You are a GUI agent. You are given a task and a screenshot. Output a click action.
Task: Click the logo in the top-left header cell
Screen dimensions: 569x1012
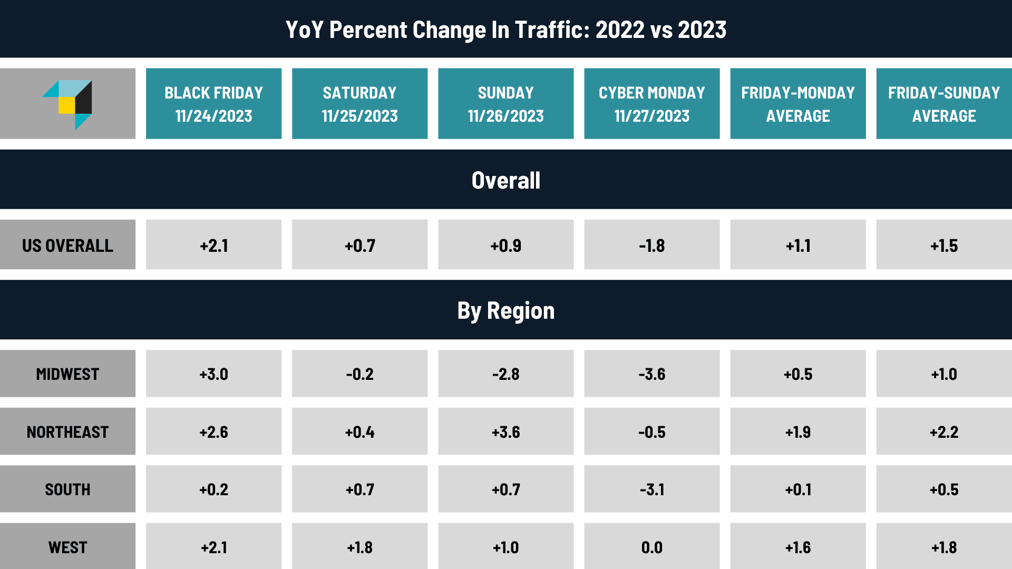point(68,104)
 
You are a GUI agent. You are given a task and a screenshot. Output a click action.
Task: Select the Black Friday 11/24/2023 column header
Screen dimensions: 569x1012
point(213,104)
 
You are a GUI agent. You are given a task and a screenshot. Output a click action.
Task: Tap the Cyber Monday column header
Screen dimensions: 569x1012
point(651,104)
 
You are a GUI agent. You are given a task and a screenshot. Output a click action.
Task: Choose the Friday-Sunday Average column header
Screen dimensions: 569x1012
point(943,104)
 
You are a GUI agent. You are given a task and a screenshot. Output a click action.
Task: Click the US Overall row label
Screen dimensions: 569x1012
point(67,245)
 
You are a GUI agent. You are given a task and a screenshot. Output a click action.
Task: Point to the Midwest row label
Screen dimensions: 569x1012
point(67,374)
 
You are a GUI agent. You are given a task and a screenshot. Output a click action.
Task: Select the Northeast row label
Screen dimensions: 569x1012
point(67,432)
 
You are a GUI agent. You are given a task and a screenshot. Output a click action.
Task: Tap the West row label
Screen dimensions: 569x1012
point(67,547)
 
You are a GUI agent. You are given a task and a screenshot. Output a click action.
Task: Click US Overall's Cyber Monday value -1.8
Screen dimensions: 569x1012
point(651,246)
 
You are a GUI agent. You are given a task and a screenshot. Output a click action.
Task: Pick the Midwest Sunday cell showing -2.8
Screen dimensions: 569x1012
point(505,374)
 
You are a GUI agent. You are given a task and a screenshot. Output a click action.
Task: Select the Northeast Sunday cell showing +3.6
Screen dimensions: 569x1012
point(505,432)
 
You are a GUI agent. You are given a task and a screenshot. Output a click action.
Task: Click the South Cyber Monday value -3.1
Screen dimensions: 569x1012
point(651,489)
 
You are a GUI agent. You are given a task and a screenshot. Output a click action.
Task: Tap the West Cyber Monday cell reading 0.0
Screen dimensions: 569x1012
point(651,547)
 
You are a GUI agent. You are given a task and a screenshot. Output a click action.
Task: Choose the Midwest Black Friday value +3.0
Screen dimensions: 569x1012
point(213,374)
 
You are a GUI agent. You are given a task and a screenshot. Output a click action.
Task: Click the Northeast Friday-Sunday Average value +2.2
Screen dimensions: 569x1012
point(943,432)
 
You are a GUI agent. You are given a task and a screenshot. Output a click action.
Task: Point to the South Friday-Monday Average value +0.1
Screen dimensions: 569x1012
point(797,489)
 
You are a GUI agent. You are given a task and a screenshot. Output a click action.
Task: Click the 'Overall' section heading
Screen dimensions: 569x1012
point(505,180)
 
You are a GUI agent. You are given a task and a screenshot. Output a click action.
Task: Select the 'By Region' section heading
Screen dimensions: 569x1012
point(505,310)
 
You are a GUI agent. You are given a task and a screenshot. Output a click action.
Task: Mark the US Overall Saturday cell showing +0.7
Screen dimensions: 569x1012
point(359,246)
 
